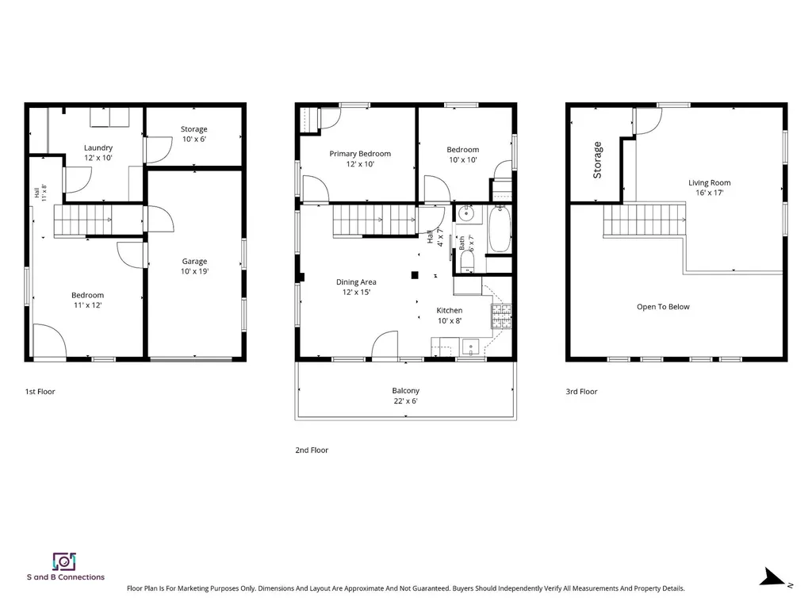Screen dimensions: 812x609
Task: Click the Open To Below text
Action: pyautogui.click(x=664, y=307)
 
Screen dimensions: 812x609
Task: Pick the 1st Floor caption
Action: pyautogui.click(x=40, y=392)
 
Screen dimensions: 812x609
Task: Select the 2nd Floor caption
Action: pyautogui.click(x=312, y=450)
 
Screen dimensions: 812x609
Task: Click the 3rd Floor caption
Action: pyautogui.click(x=581, y=392)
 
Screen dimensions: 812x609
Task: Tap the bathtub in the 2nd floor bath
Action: pyautogui.click(x=500, y=229)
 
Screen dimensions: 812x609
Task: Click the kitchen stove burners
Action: pyautogui.click(x=501, y=316)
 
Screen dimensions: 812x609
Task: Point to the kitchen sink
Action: pyautogui.click(x=471, y=346)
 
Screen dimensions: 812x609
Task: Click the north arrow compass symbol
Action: pyautogui.click(x=775, y=578)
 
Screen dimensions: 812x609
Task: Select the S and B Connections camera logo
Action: pyautogui.click(x=64, y=561)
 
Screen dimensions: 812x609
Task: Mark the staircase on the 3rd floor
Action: pyautogui.click(x=645, y=220)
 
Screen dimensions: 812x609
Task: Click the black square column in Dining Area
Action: pyautogui.click(x=415, y=275)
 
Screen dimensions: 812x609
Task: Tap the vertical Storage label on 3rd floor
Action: pyautogui.click(x=597, y=160)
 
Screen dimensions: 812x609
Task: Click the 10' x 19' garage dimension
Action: pyautogui.click(x=195, y=271)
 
